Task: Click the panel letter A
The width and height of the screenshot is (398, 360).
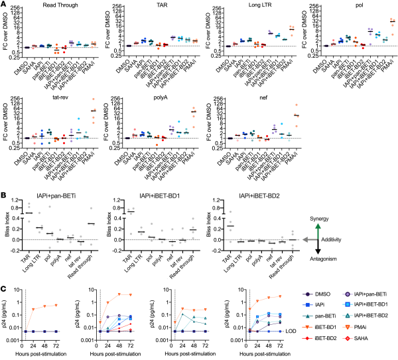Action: pos(3,5)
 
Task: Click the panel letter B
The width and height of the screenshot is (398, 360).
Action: pos(3,196)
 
